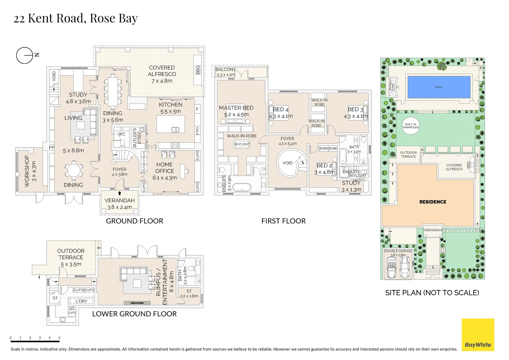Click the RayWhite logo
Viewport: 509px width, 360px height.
478,335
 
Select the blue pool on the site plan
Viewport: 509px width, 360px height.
439,87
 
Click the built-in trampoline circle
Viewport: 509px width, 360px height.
410,126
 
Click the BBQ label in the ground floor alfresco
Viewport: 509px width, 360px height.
198,70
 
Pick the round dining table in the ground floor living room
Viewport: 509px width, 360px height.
73,170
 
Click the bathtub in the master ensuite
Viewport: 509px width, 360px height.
242,188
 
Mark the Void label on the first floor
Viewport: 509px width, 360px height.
287,163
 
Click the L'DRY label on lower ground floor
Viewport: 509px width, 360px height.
81,301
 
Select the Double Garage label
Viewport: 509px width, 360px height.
398,251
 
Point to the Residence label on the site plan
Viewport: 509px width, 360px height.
433,202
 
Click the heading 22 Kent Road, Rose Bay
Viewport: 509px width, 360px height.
76,18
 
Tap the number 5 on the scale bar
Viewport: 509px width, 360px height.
59,338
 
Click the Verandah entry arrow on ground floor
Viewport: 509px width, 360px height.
120,193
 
